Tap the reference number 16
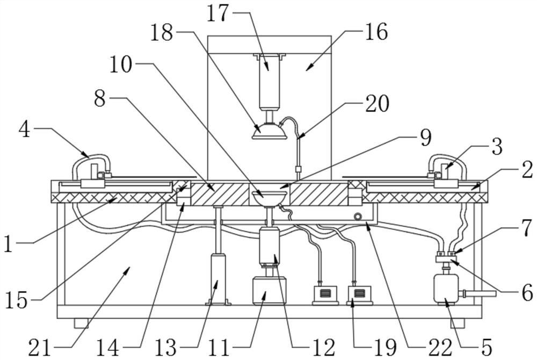(x=376, y=32)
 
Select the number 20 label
(x=377, y=103)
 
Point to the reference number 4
(x=24, y=129)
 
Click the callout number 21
(x=39, y=347)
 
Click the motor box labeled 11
(x=269, y=291)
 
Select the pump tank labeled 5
(x=446, y=288)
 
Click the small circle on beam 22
(x=358, y=217)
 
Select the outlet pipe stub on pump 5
(x=478, y=293)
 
